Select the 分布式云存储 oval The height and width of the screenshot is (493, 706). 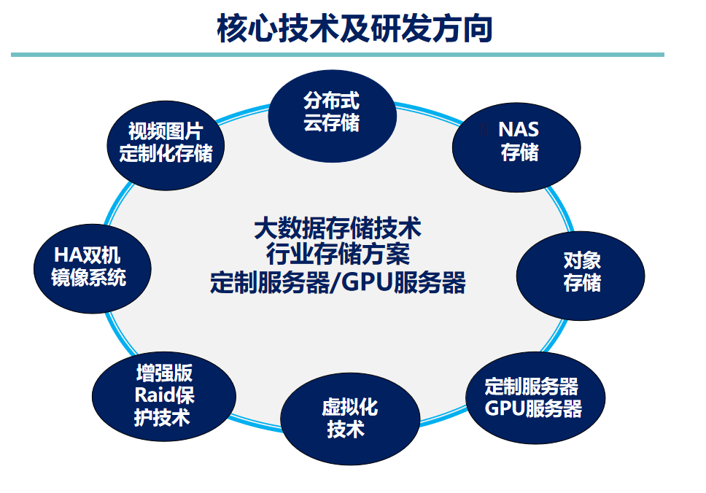pyautogui.click(x=332, y=112)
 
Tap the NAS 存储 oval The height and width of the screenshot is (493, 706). pyautogui.click(x=516, y=142)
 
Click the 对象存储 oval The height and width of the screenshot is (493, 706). pyautogui.click(x=581, y=272)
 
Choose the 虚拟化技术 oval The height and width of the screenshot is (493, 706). pyautogui.click(x=350, y=418)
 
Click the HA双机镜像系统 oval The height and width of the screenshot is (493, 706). pyautogui.click(x=93, y=266)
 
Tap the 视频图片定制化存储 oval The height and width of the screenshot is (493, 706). pyautogui.click(x=166, y=142)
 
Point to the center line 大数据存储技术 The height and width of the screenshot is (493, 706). pyautogui.click(x=338, y=228)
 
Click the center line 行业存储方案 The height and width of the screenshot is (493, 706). pyautogui.click(x=338, y=255)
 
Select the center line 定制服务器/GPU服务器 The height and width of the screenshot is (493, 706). pyautogui.click(x=338, y=282)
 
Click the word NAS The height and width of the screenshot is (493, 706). pyautogui.click(x=519, y=131)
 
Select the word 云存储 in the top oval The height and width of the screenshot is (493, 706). pyautogui.click(x=332, y=123)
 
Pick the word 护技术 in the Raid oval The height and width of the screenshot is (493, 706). pyautogui.click(x=163, y=417)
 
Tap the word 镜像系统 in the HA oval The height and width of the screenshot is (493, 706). pyautogui.click(x=89, y=278)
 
